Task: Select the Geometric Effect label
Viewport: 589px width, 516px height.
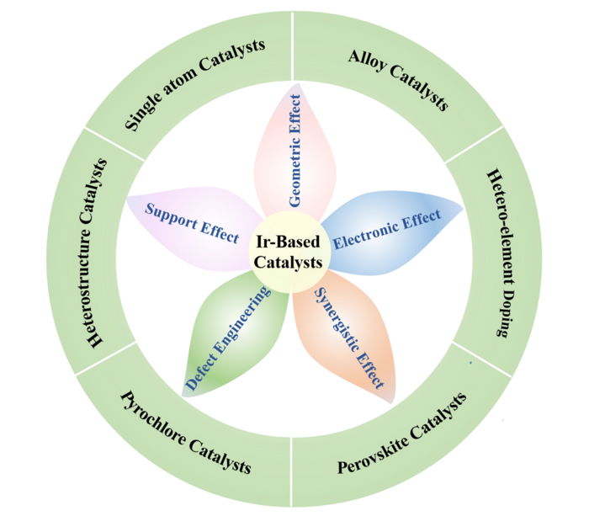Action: coord(294,150)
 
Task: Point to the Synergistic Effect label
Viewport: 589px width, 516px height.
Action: coord(348,337)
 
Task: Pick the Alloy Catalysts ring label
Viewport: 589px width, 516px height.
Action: coord(397,80)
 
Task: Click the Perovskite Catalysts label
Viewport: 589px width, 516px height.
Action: coord(401,434)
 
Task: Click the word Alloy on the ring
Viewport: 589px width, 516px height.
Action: coord(364,65)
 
